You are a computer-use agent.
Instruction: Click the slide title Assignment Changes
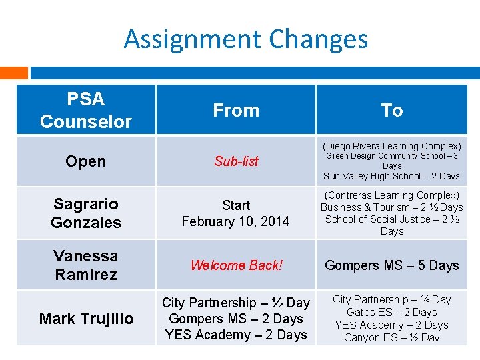245,39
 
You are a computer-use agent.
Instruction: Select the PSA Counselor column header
86,110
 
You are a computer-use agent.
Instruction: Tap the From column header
236,111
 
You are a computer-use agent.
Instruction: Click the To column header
391,111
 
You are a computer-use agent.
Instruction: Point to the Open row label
85,161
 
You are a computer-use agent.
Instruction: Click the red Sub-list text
236,161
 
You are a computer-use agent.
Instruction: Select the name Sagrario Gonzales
85,213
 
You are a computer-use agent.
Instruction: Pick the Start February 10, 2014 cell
236,213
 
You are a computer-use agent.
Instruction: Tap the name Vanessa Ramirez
85,265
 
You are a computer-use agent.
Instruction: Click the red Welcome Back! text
236,265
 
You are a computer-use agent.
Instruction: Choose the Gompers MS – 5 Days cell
391,265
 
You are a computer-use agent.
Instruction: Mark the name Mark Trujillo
86,319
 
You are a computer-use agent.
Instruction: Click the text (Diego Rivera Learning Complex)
391,146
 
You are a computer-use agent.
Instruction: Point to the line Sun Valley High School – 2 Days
391,176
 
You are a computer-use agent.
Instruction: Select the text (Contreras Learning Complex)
391,195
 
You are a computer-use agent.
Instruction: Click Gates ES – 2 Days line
391,312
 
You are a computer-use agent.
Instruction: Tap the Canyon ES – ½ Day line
391,337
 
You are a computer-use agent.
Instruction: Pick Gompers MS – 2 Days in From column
236,319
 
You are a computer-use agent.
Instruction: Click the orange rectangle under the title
14,72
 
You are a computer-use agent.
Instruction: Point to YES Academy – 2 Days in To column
391,325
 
